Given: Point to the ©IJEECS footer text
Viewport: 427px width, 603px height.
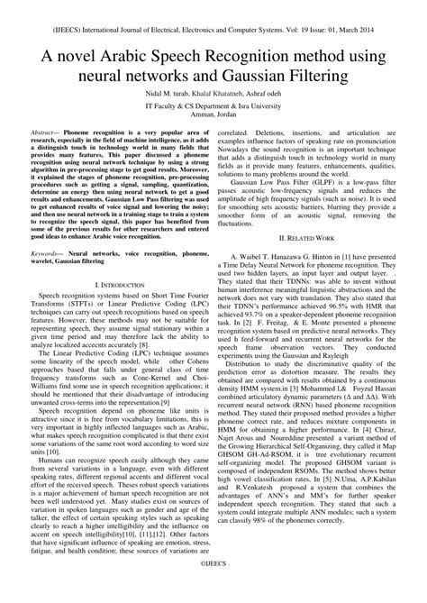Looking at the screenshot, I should click(x=213, y=586).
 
